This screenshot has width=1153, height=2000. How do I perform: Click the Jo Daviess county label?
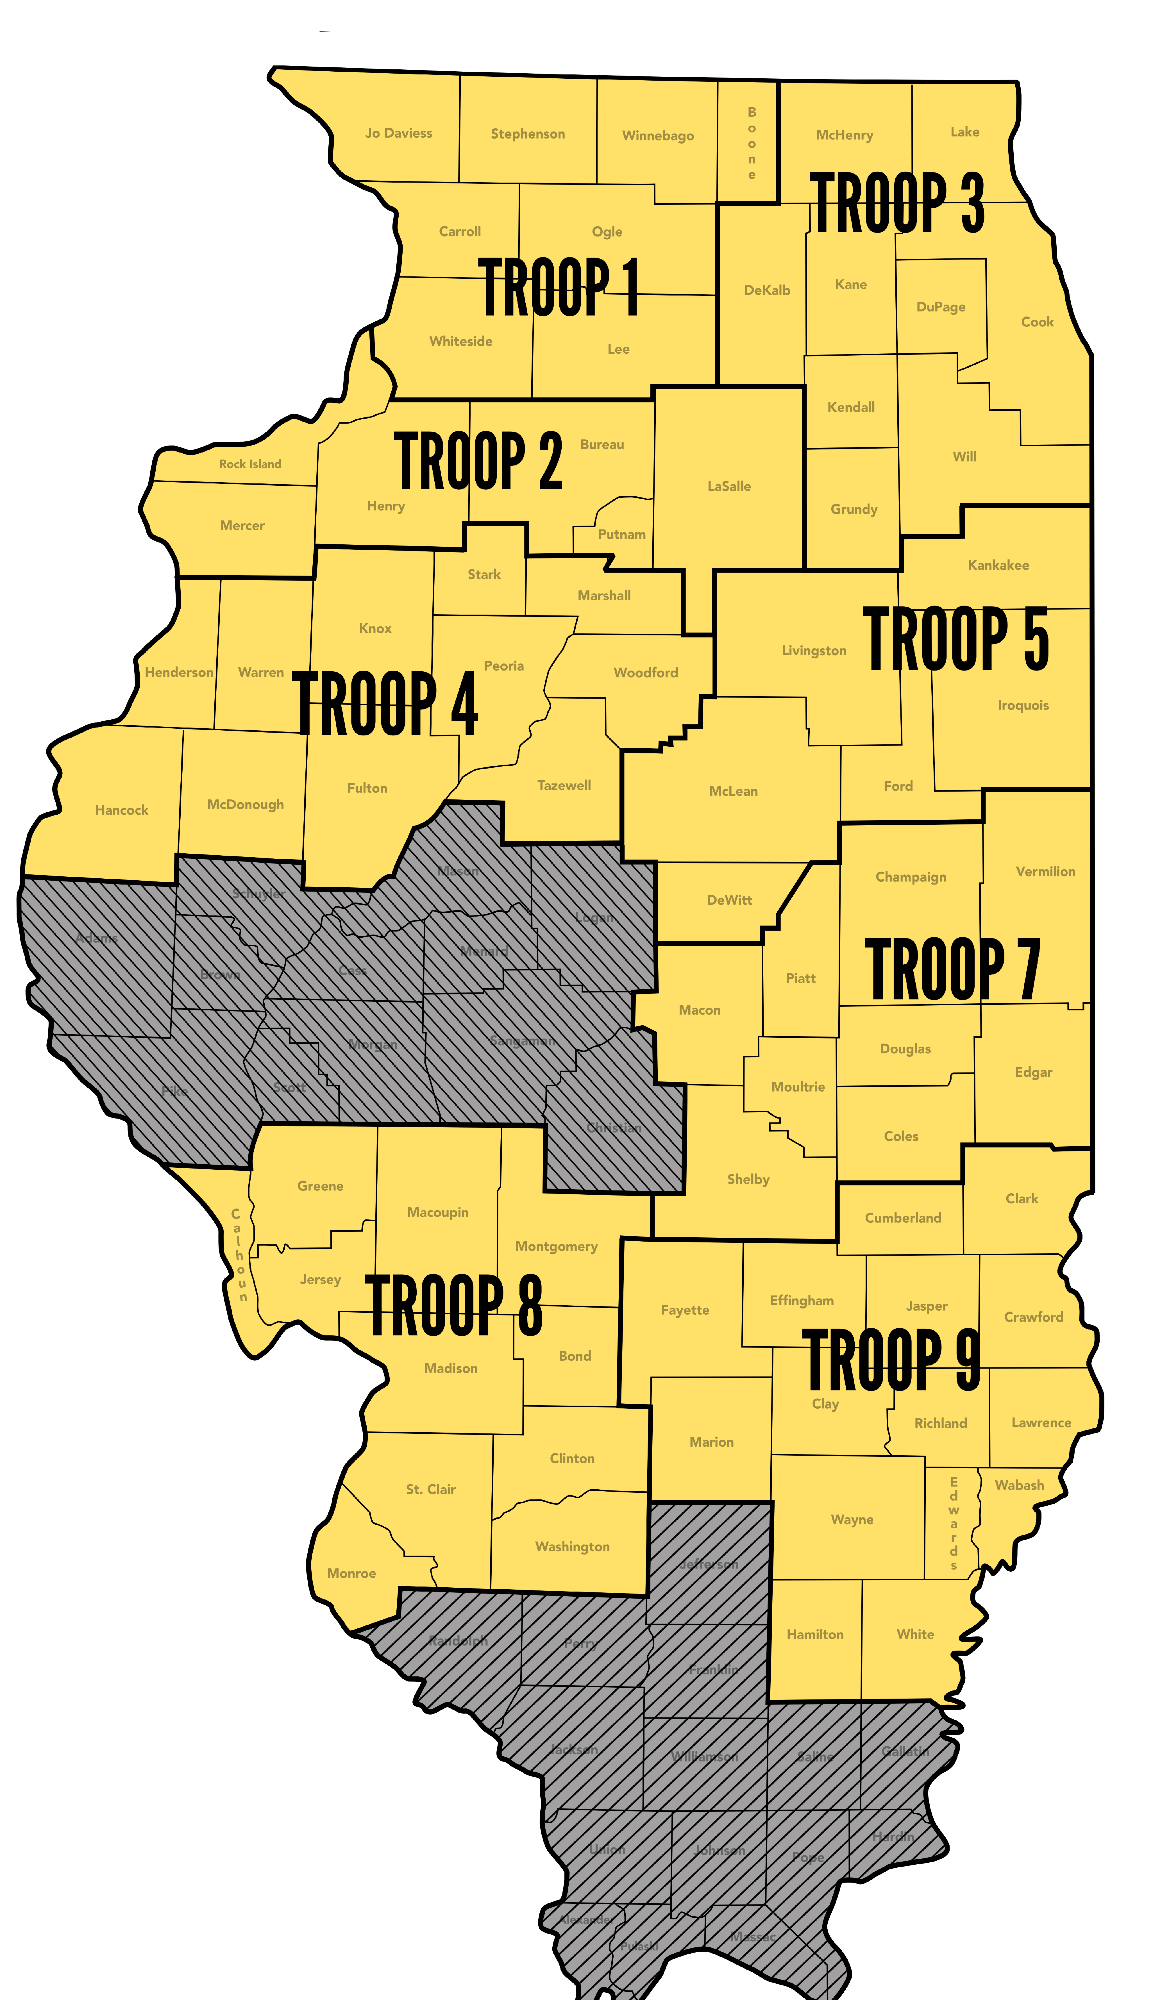[x=398, y=133]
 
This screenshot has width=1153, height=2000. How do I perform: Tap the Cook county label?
[x=1037, y=321]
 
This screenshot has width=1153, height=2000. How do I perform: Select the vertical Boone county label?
[x=752, y=143]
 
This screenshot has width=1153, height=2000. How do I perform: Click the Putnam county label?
[x=622, y=535]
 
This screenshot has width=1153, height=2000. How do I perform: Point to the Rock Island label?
[x=250, y=464]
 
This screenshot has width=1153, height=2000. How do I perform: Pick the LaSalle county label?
[x=728, y=486]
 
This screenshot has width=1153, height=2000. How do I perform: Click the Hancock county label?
[x=121, y=810]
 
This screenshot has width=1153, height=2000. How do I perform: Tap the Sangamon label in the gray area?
[x=522, y=1041]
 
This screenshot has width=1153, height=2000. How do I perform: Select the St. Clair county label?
[x=431, y=1489]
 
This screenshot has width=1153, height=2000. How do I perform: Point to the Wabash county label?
[x=1019, y=1485]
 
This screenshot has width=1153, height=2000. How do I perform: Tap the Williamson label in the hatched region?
[x=705, y=1757]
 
